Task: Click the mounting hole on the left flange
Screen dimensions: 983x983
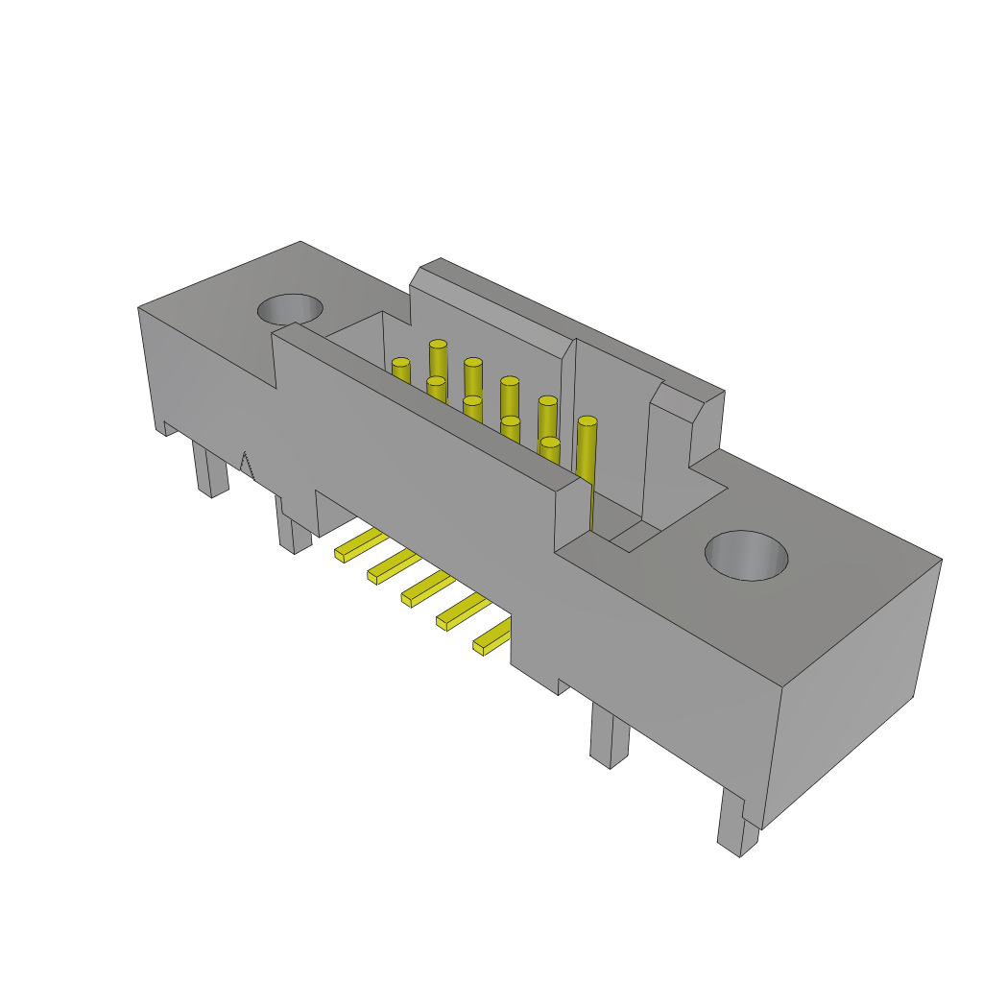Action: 290,309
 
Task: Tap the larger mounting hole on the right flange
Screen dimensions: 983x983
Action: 746,555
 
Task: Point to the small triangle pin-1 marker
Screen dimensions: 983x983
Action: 247,466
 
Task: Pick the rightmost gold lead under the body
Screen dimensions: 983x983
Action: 492,636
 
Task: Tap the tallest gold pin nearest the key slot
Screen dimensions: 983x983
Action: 587,451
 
